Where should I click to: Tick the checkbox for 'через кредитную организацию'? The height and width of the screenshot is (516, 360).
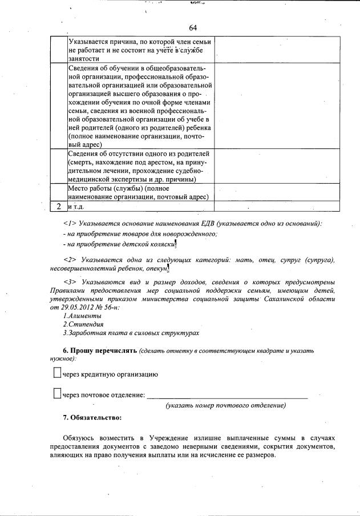[56, 373]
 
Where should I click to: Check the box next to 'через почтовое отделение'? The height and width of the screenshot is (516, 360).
[56, 393]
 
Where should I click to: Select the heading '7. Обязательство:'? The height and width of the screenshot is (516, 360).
[92, 418]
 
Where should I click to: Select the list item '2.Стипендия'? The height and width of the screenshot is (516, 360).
[80, 324]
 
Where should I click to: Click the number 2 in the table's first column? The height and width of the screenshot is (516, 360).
[59, 206]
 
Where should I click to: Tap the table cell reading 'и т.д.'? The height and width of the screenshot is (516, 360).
[76, 206]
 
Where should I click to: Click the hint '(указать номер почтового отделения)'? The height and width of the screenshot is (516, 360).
[225, 405]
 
